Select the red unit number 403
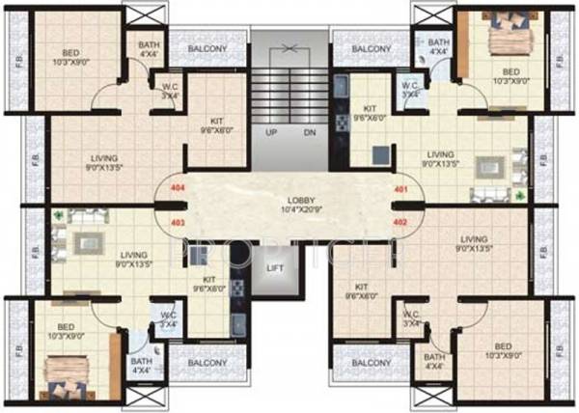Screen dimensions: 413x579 [177, 222]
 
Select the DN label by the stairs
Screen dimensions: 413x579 [309, 131]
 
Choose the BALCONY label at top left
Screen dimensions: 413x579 [207, 48]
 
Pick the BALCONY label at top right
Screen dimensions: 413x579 [372, 48]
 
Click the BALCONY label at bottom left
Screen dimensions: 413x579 [207, 363]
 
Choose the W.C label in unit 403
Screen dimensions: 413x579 [168, 316]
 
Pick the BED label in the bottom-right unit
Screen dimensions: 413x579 [503, 344]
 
